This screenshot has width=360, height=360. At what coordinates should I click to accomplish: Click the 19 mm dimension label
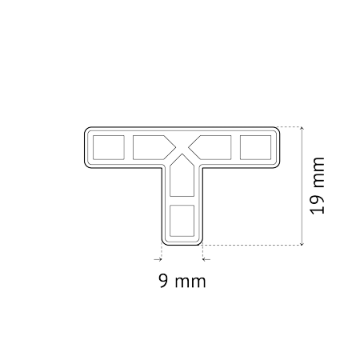318,186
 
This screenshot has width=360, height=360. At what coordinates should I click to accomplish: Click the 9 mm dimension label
182,281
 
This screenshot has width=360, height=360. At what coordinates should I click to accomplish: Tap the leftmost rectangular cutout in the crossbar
109,147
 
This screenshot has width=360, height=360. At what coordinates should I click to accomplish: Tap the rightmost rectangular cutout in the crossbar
255,147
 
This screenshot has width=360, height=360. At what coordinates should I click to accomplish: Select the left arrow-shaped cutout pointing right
152,147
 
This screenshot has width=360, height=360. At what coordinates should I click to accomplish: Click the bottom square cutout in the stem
182,221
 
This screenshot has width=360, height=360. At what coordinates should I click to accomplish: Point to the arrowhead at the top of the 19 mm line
302,129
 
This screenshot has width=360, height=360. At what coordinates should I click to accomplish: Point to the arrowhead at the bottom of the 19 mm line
302,243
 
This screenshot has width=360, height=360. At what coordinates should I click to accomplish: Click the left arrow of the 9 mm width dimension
158,259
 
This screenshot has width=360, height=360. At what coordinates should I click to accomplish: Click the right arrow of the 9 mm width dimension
206,259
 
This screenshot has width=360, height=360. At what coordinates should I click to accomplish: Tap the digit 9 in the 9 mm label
163,281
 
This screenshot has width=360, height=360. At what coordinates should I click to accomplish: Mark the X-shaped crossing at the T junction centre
182,147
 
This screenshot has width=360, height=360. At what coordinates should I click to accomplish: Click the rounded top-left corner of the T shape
87,130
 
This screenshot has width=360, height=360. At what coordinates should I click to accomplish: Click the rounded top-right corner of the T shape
277,130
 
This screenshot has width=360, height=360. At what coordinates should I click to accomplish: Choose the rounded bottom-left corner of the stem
163,243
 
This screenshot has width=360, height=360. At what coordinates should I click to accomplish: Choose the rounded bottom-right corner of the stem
200,243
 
